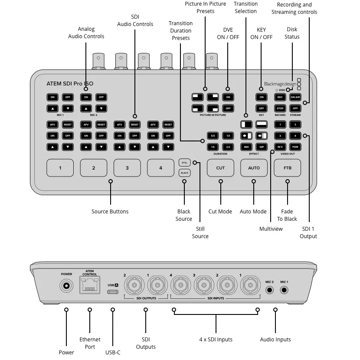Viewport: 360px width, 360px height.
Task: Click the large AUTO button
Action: [x=254, y=168]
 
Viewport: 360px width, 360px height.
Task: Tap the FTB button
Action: [x=287, y=168]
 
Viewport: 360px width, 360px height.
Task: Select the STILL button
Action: [x=184, y=163]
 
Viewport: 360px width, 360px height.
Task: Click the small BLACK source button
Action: [x=184, y=173]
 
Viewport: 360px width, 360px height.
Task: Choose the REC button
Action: [x=280, y=97]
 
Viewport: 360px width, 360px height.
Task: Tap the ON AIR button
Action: [x=295, y=97]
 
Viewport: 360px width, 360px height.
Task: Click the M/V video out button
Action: [x=280, y=147]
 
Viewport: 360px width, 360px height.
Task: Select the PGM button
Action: [x=295, y=147]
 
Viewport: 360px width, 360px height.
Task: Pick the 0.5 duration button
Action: [x=213, y=136]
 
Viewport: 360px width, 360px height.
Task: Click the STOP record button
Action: [x=280, y=108]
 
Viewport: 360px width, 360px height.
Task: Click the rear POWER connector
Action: [x=66, y=286]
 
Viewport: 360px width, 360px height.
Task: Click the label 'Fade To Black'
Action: [x=287, y=215]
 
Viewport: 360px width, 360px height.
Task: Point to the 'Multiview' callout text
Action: [x=271, y=229]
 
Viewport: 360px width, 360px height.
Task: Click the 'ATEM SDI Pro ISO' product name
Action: [x=69, y=84]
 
